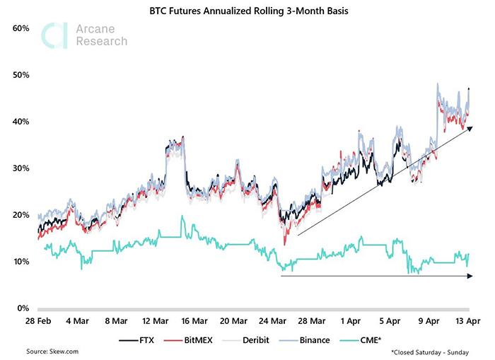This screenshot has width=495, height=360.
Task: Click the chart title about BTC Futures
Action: [x=247, y=11]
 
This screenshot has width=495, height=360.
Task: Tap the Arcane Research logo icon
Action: [x=55, y=36]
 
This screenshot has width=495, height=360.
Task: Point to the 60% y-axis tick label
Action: [x=20, y=28]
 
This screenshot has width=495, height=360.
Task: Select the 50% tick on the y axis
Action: [x=20, y=74]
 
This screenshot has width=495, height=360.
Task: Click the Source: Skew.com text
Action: [x=52, y=352]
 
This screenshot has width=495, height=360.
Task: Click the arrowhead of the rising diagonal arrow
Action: [x=469, y=128]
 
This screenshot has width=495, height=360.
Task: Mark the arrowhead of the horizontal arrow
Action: [x=470, y=276]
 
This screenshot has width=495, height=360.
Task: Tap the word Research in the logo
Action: [x=101, y=41]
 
